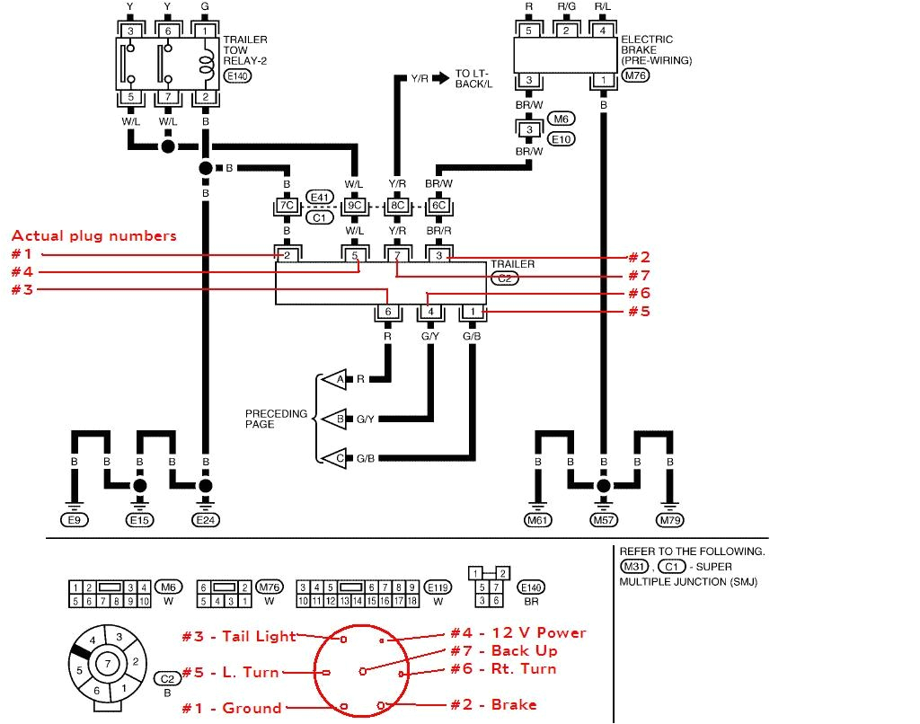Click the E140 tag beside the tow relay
click(x=237, y=77)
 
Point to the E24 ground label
click(x=206, y=519)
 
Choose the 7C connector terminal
click(x=287, y=206)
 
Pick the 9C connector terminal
click(x=355, y=206)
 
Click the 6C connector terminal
click(x=438, y=206)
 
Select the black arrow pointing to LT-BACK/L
click(x=440, y=78)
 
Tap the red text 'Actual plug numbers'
click(x=93, y=236)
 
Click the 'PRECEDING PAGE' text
click(x=276, y=419)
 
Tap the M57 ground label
click(x=604, y=519)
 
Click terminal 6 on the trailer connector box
click(x=388, y=312)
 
